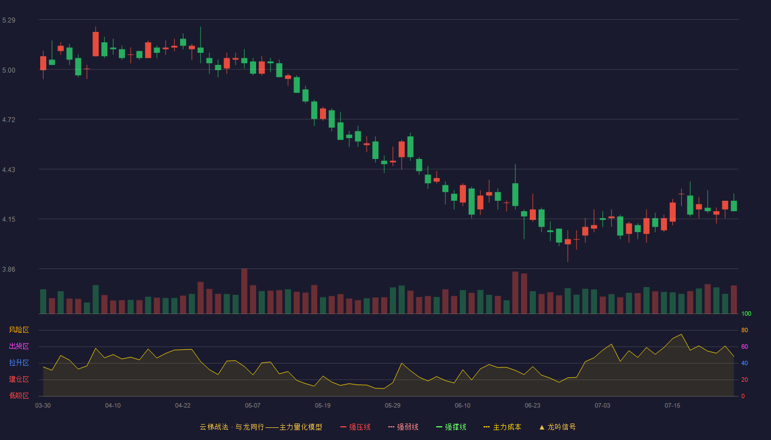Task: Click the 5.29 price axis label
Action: [x=9, y=20]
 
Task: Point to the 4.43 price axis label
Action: [x=9, y=170]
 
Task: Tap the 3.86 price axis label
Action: [x=9, y=269]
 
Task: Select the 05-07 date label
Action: [x=253, y=406]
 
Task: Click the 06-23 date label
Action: [x=533, y=406]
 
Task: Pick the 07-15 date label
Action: [x=672, y=406]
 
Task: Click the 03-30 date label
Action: [x=43, y=406]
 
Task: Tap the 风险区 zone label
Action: [x=19, y=330]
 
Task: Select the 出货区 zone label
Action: [x=19, y=346]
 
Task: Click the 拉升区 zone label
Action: [x=19, y=362]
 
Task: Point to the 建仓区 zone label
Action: [x=19, y=379]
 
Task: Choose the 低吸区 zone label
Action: [x=19, y=395]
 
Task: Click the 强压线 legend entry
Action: [x=355, y=427]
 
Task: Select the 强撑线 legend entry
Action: [x=451, y=427]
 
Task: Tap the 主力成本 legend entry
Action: [x=502, y=427]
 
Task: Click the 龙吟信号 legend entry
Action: [x=557, y=427]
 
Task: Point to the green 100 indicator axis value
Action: [x=746, y=313]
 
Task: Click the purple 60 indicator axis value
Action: [x=745, y=346]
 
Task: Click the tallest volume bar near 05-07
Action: [x=245, y=291]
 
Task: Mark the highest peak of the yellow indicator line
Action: [x=681, y=334]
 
